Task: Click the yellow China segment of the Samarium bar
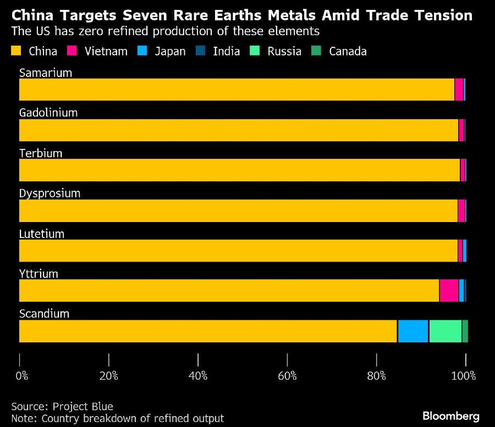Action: tap(237, 90)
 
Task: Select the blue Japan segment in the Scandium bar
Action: tap(413, 331)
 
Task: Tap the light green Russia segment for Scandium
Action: tap(445, 331)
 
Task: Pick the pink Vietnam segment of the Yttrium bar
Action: tap(449, 291)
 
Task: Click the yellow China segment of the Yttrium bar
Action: tap(229, 291)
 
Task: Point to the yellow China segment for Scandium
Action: tap(208, 331)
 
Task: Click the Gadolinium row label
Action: tap(48, 113)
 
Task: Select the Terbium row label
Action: tap(41, 153)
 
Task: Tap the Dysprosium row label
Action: tap(50, 193)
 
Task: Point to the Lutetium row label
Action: tap(42, 234)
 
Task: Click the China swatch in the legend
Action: tap(16, 51)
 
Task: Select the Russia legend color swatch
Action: tap(256, 51)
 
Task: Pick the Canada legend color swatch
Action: tap(317, 51)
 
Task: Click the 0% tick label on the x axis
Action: tap(21, 376)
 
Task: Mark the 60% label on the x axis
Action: tap(287, 376)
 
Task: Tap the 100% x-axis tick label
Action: tap(464, 376)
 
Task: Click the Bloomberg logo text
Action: tap(450, 416)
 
